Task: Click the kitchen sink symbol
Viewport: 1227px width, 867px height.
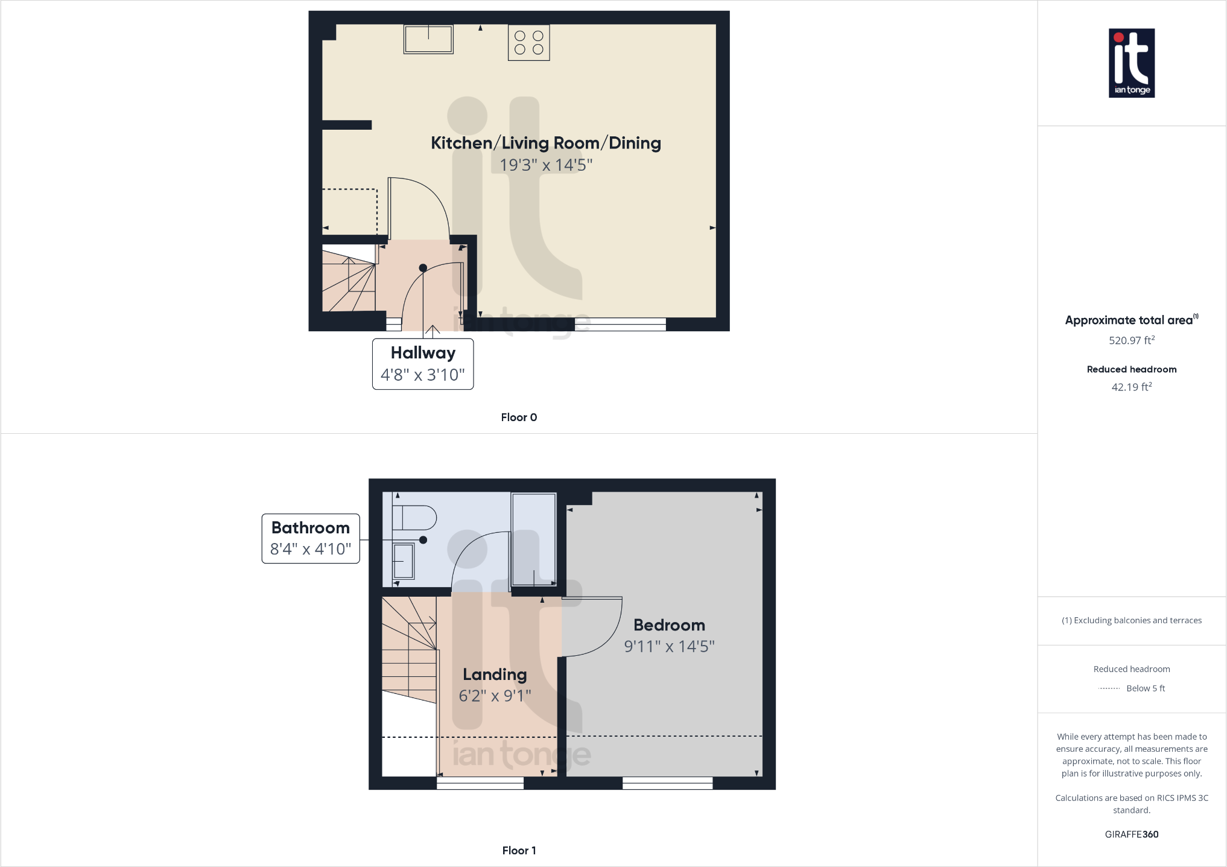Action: point(428,40)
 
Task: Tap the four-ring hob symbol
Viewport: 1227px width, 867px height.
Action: point(528,43)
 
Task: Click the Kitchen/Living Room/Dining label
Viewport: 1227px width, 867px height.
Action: point(545,143)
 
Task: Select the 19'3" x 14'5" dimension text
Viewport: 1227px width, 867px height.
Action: point(545,165)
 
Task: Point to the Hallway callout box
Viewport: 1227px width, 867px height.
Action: point(422,364)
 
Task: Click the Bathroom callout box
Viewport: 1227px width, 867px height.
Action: point(311,538)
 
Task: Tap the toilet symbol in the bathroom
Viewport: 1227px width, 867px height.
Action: point(414,518)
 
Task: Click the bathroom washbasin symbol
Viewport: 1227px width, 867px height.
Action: point(403,561)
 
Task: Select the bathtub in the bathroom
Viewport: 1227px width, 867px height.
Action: point(533,539)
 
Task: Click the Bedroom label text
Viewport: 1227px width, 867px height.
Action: point(669,625)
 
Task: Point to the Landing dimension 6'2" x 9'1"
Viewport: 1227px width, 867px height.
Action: point(495,696)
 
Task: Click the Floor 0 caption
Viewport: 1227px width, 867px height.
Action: point(519,418)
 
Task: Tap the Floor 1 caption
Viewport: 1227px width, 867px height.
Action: point(519,851)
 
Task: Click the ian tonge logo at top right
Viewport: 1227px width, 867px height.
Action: point(1131,63)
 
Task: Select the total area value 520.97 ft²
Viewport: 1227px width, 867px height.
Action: point(1131,340)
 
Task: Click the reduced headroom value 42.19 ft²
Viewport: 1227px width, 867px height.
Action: point(1131,387)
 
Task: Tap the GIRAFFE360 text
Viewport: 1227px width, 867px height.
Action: point(1131,834)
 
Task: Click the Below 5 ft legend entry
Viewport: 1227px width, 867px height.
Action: point(1144,688)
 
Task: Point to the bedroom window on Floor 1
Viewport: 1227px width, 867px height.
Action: point(667,783)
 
